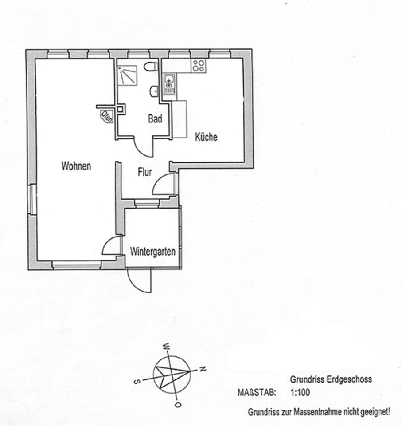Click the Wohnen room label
click(76, 166)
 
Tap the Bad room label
click(155, 119)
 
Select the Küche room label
click(206, 137)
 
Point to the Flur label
click(144, 172)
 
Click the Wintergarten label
click(153, 252)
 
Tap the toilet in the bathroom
click(151, 66)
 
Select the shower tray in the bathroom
click(127, 76)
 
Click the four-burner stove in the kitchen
click(199, 66)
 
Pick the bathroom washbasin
click(154, 91)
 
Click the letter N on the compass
click(203, 369)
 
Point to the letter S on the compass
click(137, 382)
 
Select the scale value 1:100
click(300, 393)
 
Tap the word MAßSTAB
click(257, 393)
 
